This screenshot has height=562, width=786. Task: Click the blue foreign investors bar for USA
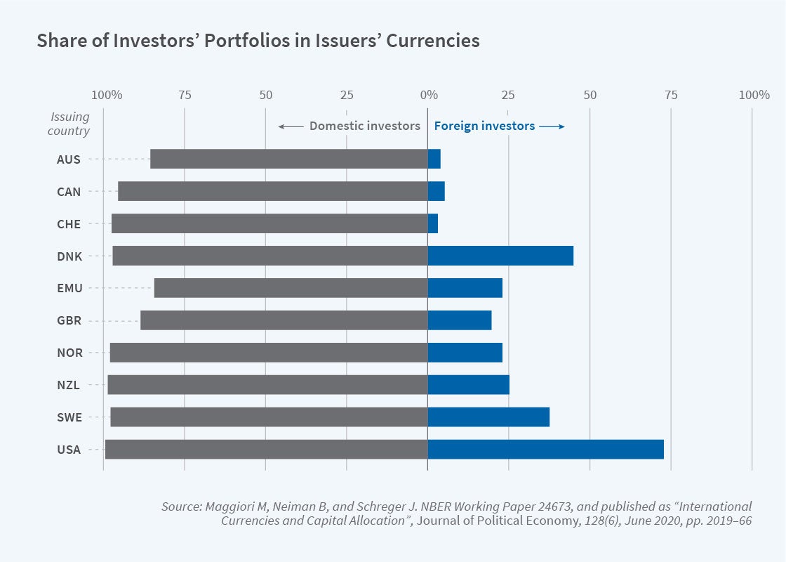pos(545,450)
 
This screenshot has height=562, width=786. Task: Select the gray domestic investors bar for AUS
pos(289,159)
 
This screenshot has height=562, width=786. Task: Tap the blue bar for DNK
pos(500,256)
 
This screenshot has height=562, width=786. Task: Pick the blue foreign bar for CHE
pos(433,223)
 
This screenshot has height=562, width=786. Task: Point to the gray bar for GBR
pos(284,320)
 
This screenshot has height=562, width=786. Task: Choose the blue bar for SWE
pos(488,417)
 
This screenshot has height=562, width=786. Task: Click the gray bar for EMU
pos(291,288)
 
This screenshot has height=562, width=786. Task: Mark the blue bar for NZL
pos(468,385)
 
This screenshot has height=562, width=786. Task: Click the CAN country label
pos(69,192)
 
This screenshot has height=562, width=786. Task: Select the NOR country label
pos(69,353)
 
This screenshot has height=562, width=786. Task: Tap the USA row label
pos(69,450)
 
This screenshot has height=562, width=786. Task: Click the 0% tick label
pos(428,95)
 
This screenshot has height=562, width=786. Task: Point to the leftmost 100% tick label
pos(107,95)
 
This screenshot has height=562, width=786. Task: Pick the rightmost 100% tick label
pos(754,95)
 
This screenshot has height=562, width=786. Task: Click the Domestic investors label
pos(364,126)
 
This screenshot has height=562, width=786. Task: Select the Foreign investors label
pos(484,126)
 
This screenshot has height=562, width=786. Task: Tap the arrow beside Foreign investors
pos(552,126)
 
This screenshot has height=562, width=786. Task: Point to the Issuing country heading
pos(69,124)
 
